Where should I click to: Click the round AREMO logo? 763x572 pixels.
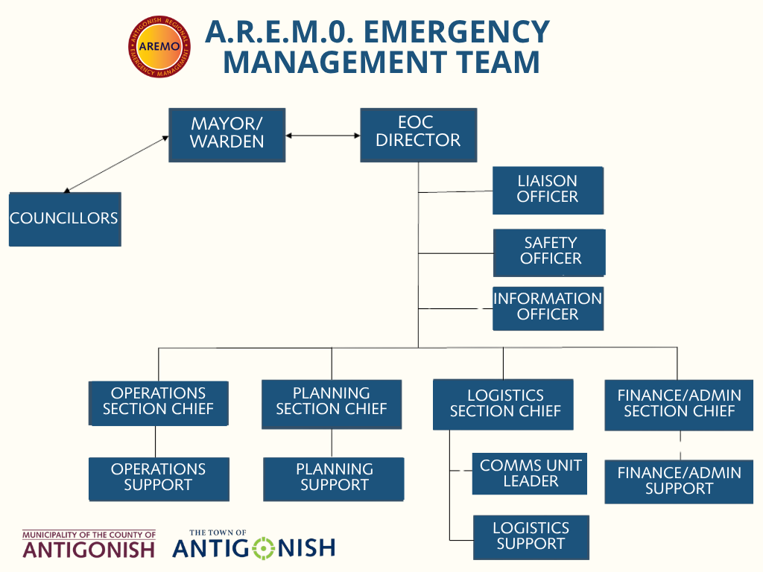click(159, 46)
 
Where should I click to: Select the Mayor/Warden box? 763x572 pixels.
click(227, 135)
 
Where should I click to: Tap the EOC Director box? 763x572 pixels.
click(419, 135)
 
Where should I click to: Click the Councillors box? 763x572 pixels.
click(65, 219)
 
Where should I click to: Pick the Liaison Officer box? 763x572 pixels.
click(548, 190)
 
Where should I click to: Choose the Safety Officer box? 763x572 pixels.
click(549, 252)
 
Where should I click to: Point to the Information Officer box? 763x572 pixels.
click(548, 308)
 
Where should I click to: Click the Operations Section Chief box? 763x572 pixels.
click(158, 403)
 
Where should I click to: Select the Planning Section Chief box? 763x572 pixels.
click(332, 404)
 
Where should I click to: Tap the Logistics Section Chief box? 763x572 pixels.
click(503, 404)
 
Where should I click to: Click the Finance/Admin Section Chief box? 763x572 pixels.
click(679, 405)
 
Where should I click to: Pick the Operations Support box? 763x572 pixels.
click(159, 479)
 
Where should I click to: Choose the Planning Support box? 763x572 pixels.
click(333, 479)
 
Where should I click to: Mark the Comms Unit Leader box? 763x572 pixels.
click(530, 474)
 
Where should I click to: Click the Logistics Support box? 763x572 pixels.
click(531, 538)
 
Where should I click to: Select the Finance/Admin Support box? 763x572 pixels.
click(679, 482)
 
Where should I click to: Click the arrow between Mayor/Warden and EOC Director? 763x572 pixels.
click(323, 136)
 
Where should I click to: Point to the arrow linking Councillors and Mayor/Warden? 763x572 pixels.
click(116, 165)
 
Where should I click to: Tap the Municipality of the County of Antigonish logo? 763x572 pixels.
click(89, 544)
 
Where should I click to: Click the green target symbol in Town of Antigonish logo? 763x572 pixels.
click(264, 548)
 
